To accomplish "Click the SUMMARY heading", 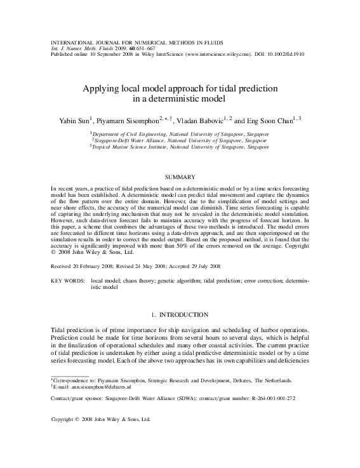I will (179, 175).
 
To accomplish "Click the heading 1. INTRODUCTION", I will (180, 315).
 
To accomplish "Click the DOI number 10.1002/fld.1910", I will (296, 55).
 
